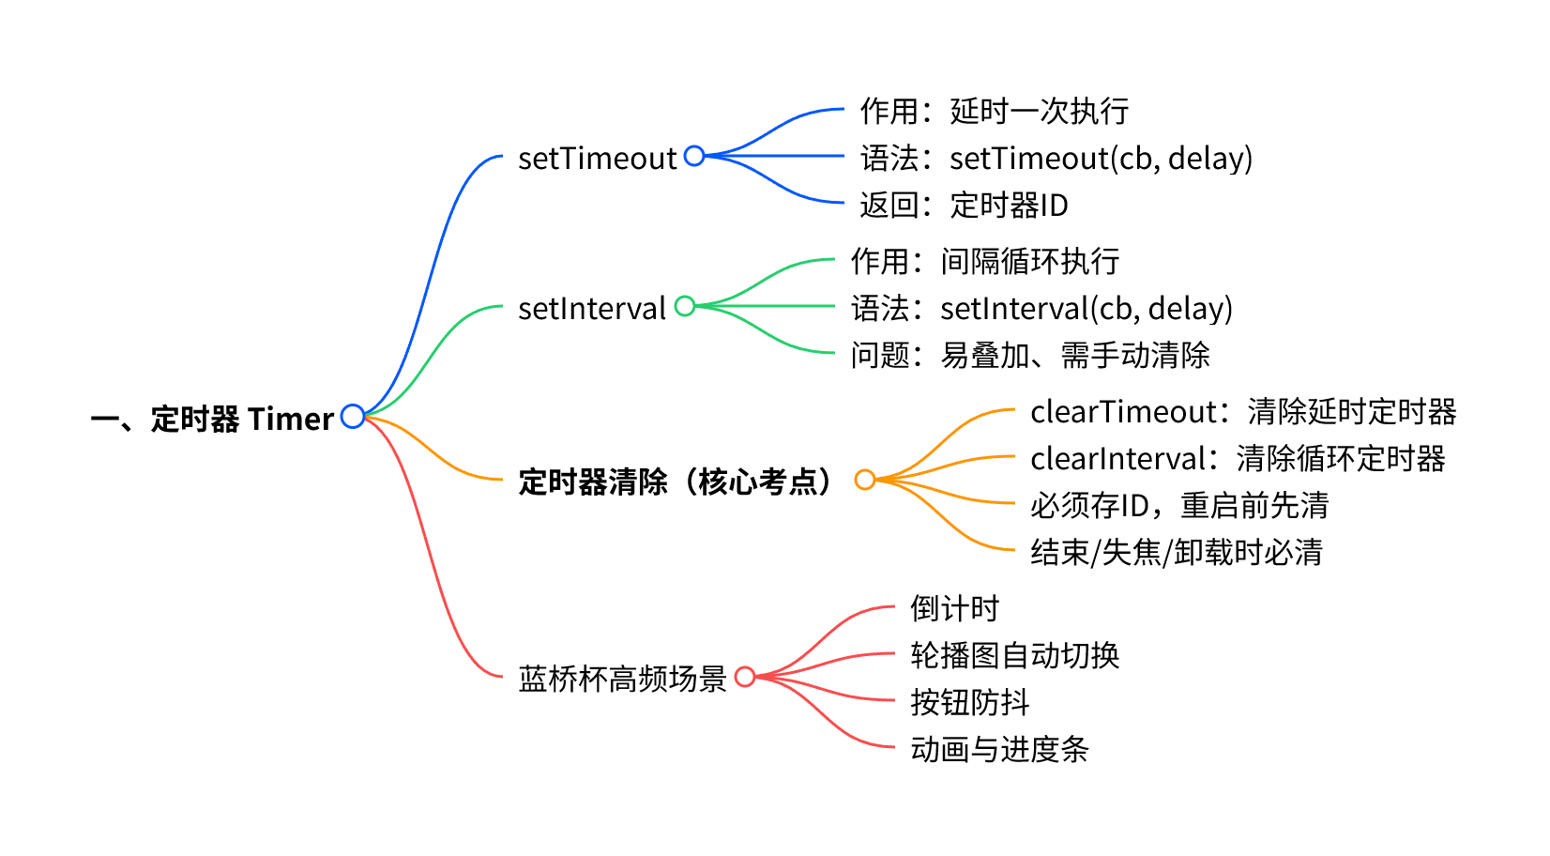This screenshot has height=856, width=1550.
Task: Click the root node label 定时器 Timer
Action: point(213,419)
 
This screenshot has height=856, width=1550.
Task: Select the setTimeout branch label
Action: point(597,158)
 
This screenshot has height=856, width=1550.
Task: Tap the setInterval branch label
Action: point(591,308)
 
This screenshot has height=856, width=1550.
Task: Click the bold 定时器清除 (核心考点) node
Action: point(676,481)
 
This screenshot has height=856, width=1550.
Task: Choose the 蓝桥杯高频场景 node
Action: point(622,678)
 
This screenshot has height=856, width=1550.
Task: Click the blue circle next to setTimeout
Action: point(694,156)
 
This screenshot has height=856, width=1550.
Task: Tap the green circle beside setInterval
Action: point(685,306)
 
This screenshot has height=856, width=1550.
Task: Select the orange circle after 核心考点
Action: point(865,480)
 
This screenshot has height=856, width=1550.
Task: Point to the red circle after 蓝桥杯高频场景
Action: point(745,677)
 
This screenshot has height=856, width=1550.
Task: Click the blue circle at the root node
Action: point(353,416)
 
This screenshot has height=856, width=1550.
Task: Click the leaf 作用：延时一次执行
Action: point(994,111)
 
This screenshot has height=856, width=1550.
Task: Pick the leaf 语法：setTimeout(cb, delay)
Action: point(1056,158)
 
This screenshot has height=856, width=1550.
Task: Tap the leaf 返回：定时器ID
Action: point(964,205)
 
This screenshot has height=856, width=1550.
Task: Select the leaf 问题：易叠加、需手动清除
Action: point(1029,355)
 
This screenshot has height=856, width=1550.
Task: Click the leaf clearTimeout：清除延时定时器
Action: point(1242,411)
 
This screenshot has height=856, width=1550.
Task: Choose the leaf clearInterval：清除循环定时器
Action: point(1237,458)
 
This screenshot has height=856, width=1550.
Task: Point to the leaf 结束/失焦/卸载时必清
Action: point(1176,552)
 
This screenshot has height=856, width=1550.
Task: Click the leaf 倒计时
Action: point(954,608)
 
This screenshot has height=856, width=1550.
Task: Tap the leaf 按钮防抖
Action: point(969,702)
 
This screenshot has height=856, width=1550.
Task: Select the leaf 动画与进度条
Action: point(999,749)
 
